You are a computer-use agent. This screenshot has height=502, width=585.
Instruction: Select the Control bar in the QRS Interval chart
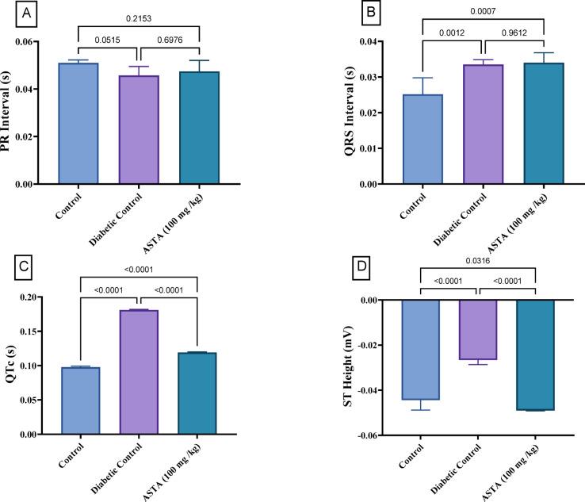pos(423,139)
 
